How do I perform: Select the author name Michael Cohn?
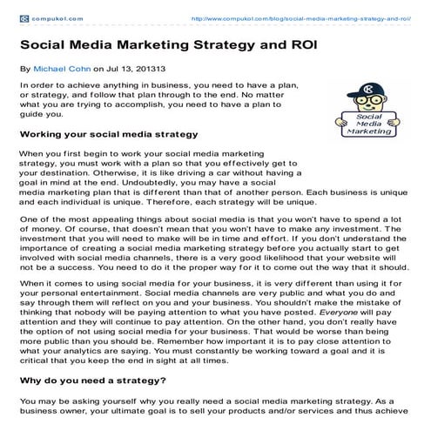click(62, 66)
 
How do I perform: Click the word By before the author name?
click(24, 66)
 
